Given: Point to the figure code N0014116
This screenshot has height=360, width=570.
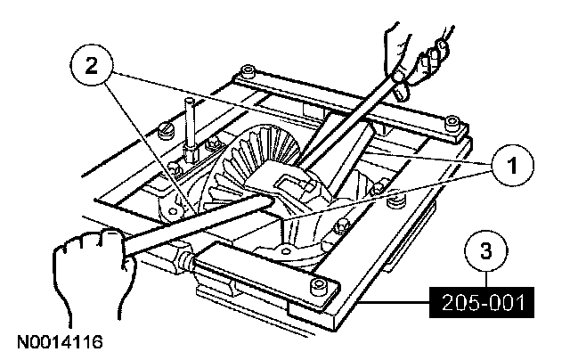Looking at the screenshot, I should (55, 341).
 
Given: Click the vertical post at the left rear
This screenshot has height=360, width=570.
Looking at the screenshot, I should (189, 125).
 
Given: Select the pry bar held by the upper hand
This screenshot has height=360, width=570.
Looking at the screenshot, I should (347, 125).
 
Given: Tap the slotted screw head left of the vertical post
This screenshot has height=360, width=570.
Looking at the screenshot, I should (166, 134).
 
